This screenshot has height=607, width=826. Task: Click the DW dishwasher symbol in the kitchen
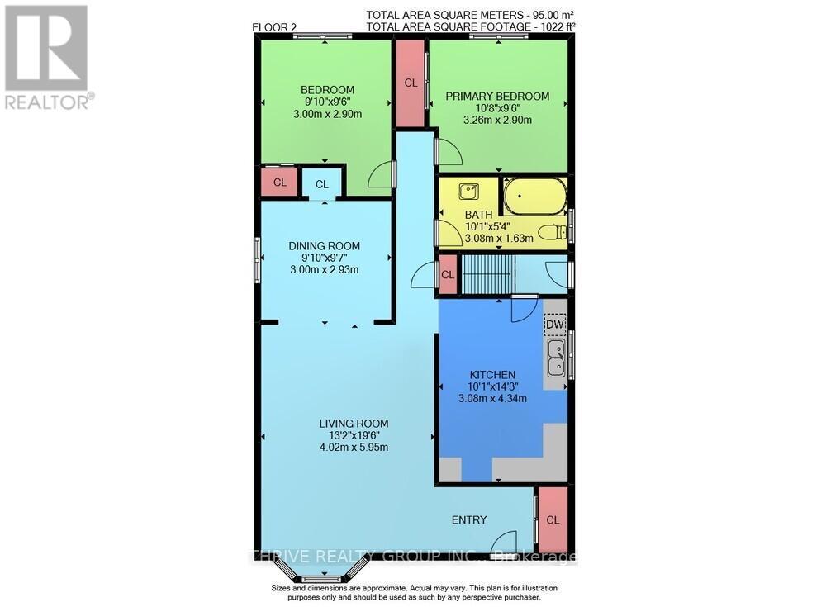point(554,325)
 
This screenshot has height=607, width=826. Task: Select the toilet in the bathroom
point(552,232)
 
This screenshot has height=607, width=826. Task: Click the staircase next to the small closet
point(487,273)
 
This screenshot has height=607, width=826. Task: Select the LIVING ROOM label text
point(354,424)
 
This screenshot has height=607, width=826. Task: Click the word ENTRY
point(468,519)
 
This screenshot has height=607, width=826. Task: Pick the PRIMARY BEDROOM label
point(497,97)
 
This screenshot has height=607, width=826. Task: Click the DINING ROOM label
point(324,245)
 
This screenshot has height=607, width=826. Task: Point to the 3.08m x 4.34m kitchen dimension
point(492,398)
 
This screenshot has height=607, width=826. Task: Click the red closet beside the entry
point(553,519)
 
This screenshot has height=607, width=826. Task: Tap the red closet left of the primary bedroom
point(411,83)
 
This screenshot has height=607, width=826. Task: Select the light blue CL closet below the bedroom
point(321,183)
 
